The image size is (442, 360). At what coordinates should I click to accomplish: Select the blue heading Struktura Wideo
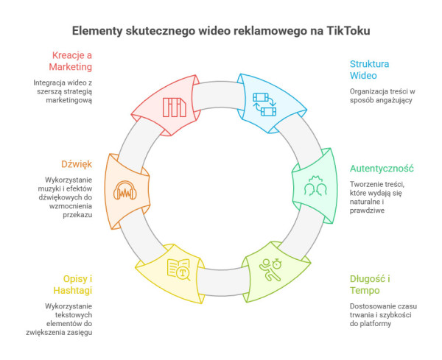[370, 69]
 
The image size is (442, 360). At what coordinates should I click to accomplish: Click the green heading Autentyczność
[382, 167]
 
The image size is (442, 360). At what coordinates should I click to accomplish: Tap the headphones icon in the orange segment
[124, 193]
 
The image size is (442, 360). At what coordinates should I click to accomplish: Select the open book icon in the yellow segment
[178, 269]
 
